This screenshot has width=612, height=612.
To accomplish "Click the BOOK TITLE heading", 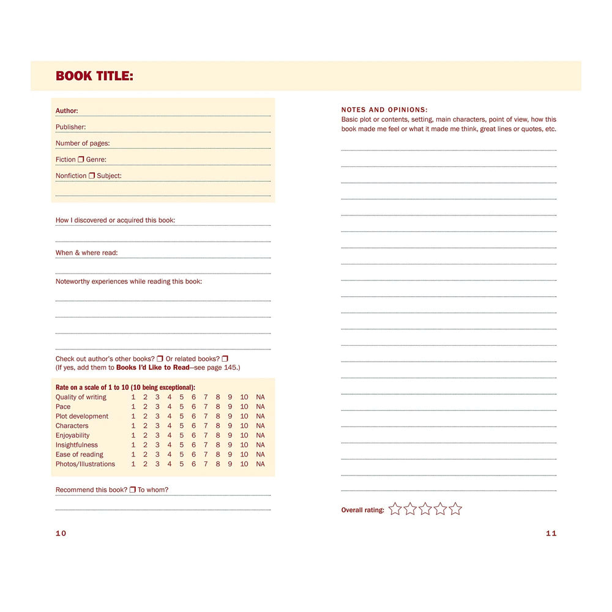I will click(94, 76).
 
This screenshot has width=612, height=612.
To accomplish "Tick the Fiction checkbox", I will click(81, 159).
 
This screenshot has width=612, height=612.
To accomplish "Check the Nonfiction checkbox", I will click(92, 176).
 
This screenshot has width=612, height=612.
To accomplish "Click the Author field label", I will click(67, 111).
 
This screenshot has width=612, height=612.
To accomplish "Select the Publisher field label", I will click(71, 127).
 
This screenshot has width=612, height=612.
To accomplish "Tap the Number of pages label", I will click(83, 143).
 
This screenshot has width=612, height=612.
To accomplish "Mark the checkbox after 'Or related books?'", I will click(225, 359).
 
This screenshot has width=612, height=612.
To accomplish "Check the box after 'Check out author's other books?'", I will click(160, 359).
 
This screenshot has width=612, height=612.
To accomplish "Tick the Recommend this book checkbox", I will click(132, 490).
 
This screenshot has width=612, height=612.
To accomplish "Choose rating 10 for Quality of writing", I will click(244, 397).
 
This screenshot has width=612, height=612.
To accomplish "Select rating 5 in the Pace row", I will click(181, 406).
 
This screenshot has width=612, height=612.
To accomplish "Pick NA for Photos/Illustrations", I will click(260, 464).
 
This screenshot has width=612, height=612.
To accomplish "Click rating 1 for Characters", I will click(133, 426).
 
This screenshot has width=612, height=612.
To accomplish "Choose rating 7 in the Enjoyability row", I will click(206, 435).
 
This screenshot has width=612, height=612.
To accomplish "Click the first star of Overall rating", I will click(395, 509).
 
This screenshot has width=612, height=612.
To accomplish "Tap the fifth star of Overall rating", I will click(455, 509).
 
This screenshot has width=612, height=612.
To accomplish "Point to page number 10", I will click(61, 533).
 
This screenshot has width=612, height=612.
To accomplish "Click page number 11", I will click(551, 533).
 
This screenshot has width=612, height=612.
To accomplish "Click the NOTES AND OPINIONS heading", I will click(384, 110).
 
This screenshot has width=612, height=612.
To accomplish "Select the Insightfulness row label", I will click(76, 445).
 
